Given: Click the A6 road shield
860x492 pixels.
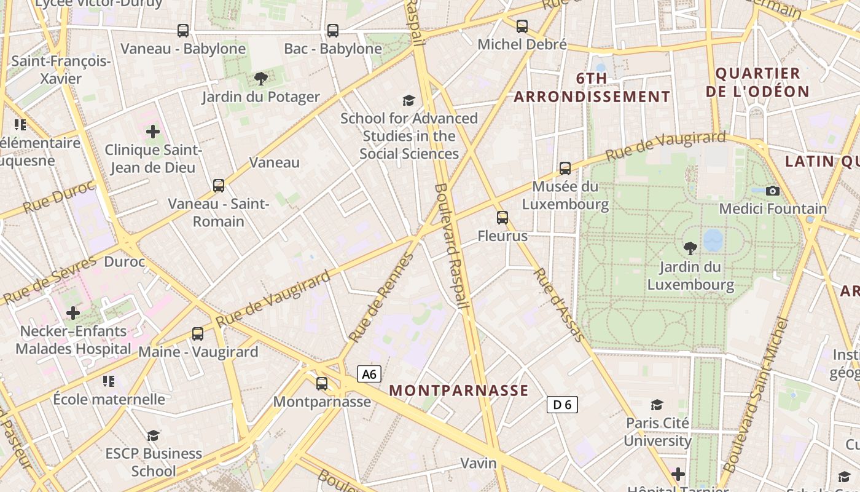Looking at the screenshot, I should pos(369,374).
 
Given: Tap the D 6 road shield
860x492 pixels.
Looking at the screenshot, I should pos(562,404).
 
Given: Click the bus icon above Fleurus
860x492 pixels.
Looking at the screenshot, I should pos(502,217).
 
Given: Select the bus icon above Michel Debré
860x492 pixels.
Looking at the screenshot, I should pos(522,26).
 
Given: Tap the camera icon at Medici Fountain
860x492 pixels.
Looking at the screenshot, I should pos(773,191).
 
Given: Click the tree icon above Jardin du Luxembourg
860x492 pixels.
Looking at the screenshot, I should pos(690,248).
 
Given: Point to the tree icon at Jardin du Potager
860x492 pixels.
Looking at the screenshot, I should pos(261,78).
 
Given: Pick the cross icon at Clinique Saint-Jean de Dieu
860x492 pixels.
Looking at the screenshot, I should pos(153,131).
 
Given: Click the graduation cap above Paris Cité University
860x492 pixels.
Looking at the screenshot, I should pos(657,405).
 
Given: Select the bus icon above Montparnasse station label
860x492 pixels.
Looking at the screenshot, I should pos(322,383).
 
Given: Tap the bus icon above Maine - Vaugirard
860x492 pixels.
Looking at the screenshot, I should pos(198,333).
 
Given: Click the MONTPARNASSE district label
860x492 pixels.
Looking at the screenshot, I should pos(459,391).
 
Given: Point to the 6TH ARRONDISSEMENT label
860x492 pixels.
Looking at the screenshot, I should pos(592,87).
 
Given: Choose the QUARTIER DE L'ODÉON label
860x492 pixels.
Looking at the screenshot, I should pos(757,82).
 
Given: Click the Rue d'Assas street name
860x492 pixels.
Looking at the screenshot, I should pos(558,304).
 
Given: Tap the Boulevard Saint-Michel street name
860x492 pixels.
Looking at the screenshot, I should pos(754,403).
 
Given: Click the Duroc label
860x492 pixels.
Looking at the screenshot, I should pos(124,262).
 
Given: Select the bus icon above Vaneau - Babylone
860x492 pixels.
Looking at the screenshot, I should pos(183,30).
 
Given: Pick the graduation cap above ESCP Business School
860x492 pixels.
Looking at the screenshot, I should pos(153,435).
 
